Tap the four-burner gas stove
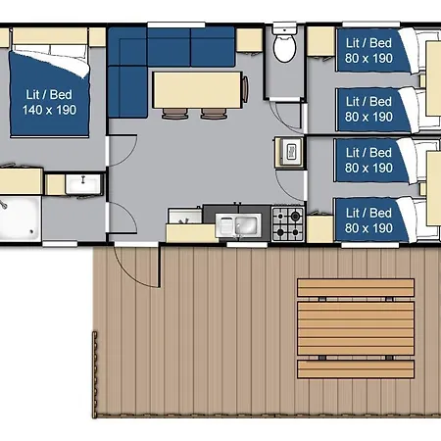288,224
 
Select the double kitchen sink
238,225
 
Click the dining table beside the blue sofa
198,90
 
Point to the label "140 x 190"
49,110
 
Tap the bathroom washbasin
83,184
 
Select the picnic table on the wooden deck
356,328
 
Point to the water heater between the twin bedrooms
289,152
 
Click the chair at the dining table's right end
245,89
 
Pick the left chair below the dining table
175,114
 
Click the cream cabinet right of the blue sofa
249,40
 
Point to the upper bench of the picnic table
356,287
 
